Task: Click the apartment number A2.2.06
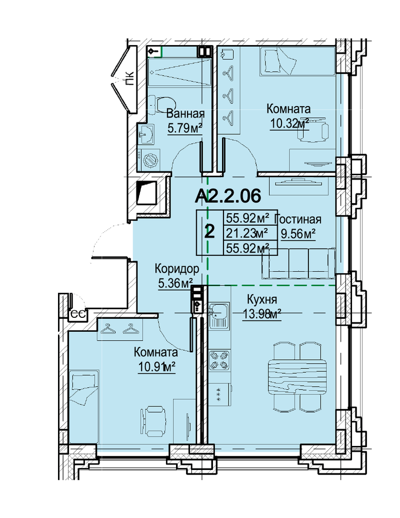coord(228,196)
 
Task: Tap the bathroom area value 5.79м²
coord(185,128)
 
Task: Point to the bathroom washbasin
coord(146,134)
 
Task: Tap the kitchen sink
coord(218,315)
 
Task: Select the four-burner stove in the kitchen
coord(219,360)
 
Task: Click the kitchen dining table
coord(297,376)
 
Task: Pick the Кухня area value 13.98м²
coord(262,313)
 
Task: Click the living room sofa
coord(299,263)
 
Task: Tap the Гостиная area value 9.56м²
coord(298,233)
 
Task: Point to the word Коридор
coord(177,269)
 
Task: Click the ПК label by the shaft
coord(130,79)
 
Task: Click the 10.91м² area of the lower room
coord(156,367)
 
